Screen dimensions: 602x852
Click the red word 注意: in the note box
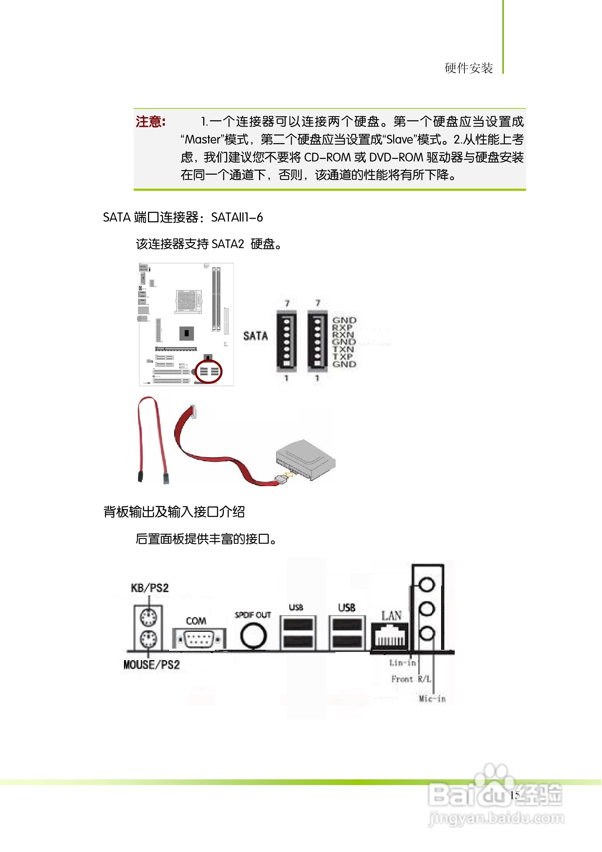(x=150, y=122)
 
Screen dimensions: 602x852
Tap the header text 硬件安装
(x=469, y=68)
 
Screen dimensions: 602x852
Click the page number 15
(x=515, y=795)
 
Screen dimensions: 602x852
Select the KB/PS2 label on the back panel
(x=150, y=588)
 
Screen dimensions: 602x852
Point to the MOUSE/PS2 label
(x=152, y=665)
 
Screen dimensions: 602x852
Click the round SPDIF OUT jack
(x=254, y=635)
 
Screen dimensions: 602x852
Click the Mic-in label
(x=432, y=699)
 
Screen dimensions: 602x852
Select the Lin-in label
(x=402, y=663)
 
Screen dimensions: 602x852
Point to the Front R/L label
(x=411, y=679)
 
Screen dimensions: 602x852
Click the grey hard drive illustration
(x=306, y=459)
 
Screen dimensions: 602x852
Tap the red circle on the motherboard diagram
(x=209, y=372)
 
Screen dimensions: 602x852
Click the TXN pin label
(x=343, y=349)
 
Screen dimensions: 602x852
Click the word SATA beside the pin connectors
(x=255, y=336)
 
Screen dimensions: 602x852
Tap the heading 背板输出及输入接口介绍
(x=174, y=512)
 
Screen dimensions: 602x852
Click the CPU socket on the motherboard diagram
(x=188, y=301)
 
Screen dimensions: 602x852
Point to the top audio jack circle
(x=427, y=585)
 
